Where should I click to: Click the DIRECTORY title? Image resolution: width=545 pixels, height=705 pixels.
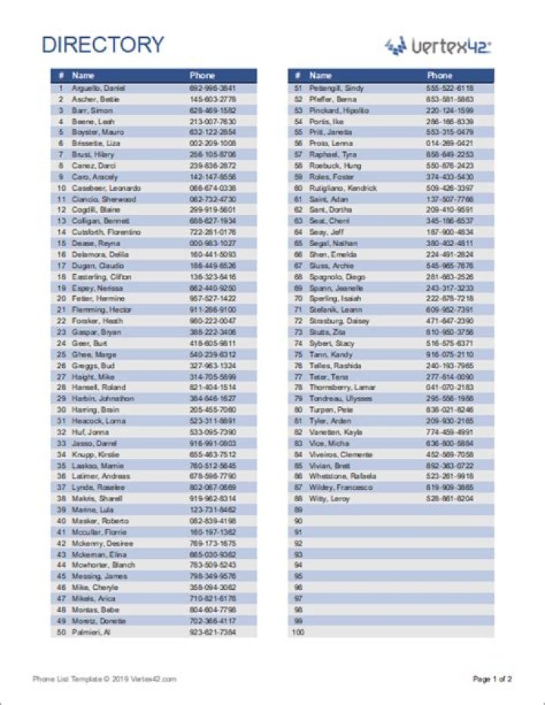(102, 45)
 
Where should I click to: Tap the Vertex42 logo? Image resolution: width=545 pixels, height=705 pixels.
(438, 46)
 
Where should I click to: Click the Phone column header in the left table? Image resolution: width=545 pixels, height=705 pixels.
(202, 76)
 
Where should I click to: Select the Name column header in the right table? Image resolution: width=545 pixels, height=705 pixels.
(321, 76)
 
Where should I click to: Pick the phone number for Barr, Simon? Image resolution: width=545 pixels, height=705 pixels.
(213, 110)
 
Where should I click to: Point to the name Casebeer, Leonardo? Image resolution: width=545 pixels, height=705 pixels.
(106, 188)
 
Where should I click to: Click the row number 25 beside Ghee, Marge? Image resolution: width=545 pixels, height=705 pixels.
(61, 354)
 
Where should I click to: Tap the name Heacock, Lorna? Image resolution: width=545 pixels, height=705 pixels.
(99, 420)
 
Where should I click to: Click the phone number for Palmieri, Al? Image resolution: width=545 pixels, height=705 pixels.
(213, 632)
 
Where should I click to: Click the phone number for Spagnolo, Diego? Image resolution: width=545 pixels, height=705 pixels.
(450, 276)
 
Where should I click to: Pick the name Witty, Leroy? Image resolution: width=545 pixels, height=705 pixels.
(329, 498)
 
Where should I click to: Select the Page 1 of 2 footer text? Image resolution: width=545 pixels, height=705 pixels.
(492, 679)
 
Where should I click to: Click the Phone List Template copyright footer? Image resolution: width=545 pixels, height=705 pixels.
(104, 679)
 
